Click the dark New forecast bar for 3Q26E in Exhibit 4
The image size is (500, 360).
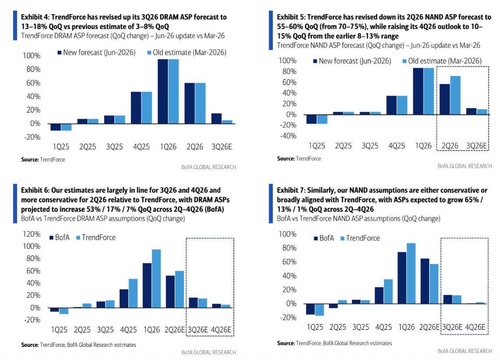click(x=216, y=118)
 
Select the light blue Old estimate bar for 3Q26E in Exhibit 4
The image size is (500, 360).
click(x=227, y=122)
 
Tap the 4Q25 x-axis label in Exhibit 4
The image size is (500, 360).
click(x=141, y=147)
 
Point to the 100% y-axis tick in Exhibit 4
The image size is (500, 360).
click(x=32, y=56)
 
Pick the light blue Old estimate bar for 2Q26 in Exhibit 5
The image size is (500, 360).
click(x=455, y=95)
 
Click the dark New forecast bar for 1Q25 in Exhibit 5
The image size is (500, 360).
click(x=312, y=119)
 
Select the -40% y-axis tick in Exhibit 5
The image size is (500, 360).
click(x=288, y=136)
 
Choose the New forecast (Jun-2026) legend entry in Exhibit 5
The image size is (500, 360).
click(x=352, y=61)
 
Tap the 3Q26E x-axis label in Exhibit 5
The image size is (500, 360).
click(x=477, y=146)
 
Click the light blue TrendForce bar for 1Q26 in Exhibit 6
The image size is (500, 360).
click(x=156, y=279)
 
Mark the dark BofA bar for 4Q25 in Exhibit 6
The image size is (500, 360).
click(x=124, y=298)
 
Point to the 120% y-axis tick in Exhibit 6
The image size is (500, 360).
click(x=32, y=234)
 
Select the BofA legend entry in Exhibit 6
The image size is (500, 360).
click(x=60, y=237)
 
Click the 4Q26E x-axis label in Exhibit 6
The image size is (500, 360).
click(x=221, y=330)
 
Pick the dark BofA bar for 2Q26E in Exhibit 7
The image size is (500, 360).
click(x=425, y=281)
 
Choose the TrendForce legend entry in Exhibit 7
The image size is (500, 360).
click(x=360, y=238)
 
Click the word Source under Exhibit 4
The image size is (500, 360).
click(x=30, y=159)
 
